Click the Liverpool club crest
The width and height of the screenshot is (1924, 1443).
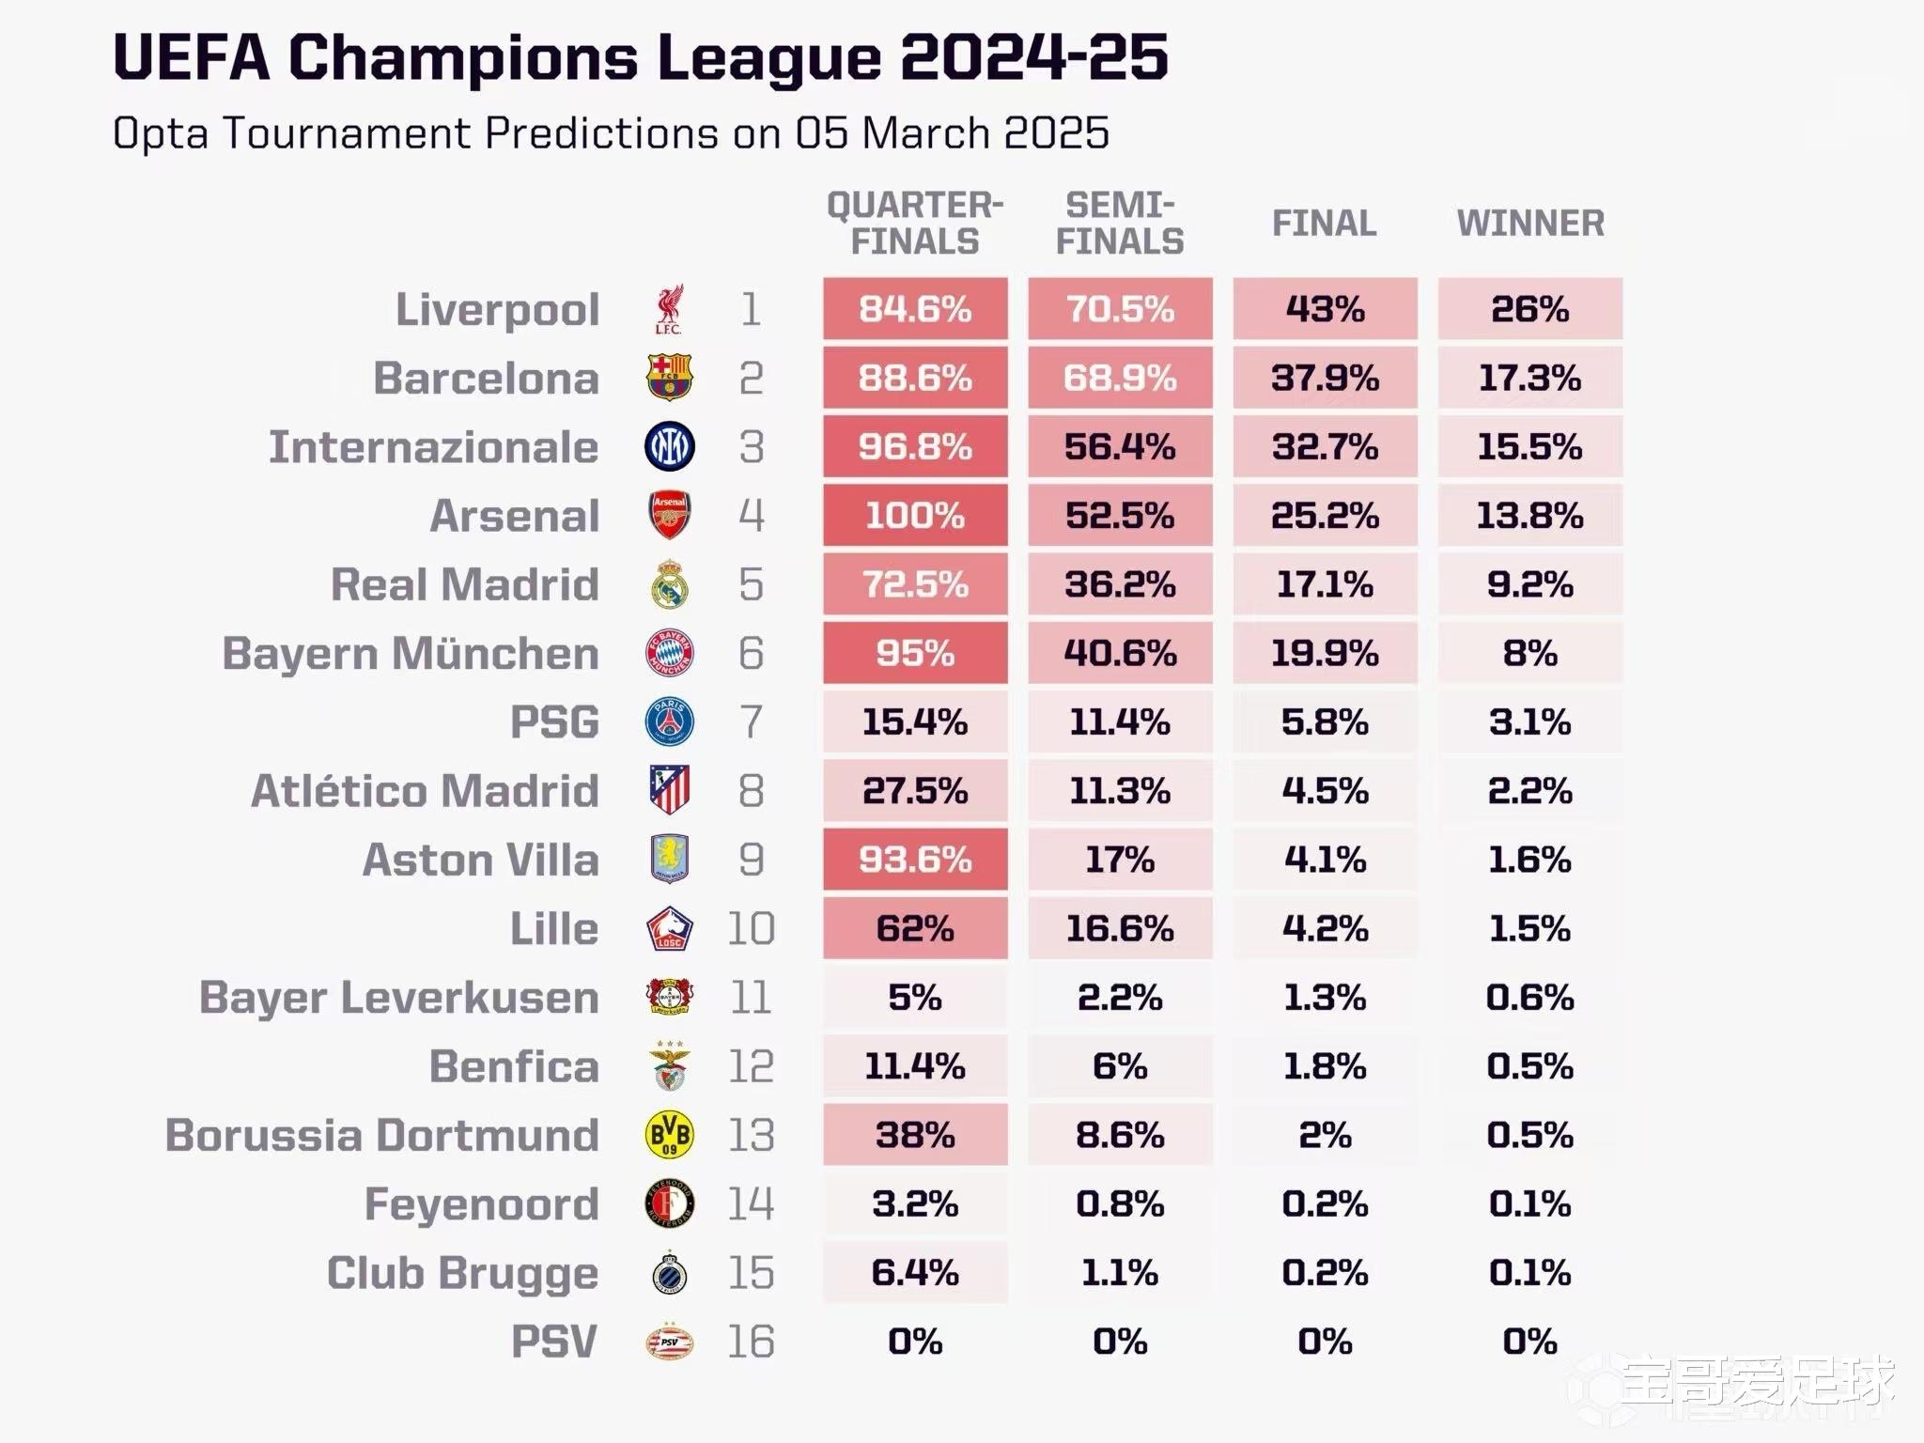[x=669, y=309]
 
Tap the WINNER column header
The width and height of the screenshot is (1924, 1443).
[x=1530, y=224]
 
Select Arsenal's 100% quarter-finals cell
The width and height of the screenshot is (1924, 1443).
[x=915, y=515]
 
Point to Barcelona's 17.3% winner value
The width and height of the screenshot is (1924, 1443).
[x=1529, y=378]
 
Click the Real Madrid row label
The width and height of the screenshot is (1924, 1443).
[x=464, y=584]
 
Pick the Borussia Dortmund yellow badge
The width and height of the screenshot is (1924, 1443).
[x=670, y=1135]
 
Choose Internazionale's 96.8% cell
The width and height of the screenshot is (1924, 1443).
[x=915, y=446]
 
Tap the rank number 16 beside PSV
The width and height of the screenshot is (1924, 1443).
[x=751, y=1342]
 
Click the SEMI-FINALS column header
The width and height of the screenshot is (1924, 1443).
[x=1120, y=224]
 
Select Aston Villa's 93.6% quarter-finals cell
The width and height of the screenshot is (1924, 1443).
[x=915, y=860]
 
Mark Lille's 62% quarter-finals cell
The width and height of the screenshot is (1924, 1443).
[x=915, y=928]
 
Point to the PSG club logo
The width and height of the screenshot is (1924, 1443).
[x=670, y=721]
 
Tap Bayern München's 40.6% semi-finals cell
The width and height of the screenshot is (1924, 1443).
[x=1120, y=653]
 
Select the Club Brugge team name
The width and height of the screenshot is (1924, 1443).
[x=462, y=1273]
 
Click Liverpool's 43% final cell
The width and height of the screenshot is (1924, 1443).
[x=1325, y=309]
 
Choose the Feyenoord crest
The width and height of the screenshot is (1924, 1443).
[x=670, y=1203]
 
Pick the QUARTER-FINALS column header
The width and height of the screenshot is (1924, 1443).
[x=915, y=224]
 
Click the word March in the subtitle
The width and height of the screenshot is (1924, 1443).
[x=925, y=133]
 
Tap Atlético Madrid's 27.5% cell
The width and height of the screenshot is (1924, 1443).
[x=915, y=791]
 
